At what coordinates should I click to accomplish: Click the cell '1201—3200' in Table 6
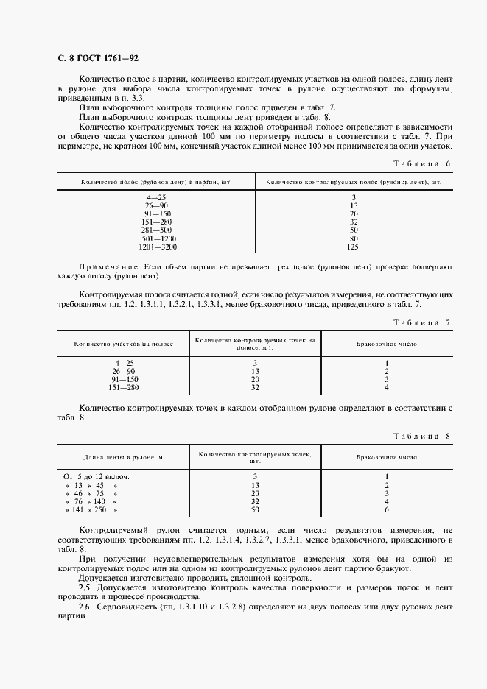pyautogui.click(x=157, y=247)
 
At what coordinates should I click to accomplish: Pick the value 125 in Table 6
pyautogui.click(x=354, y=247)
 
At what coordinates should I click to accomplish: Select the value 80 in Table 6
pyautogui.click(x=354, y=239)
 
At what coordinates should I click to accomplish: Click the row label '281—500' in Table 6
pyautogui.click(x=157, y=230)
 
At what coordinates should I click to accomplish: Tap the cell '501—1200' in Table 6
pyautogui.click(x=157, y=239)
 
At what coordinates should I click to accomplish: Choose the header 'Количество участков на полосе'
pyautogui.click(x=123, y=344)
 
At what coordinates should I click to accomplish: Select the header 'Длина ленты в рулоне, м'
pyautogui.click(x=123, y=458)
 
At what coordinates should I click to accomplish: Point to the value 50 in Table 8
pyautogui.click(x=255, y=509)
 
